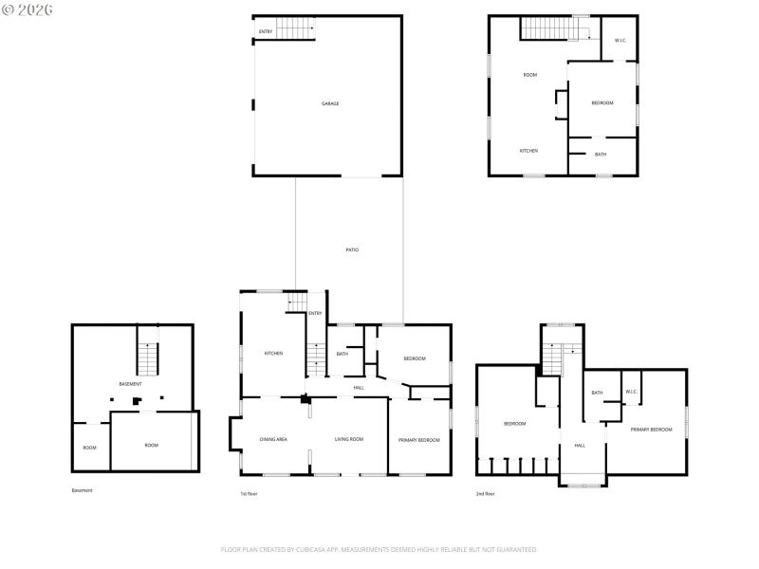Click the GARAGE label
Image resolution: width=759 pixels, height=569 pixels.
330,103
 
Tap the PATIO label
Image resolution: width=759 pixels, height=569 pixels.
352,249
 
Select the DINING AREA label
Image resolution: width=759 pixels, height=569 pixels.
274,440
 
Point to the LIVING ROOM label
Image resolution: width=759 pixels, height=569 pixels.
349,440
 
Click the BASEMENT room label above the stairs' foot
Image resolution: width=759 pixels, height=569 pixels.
130,384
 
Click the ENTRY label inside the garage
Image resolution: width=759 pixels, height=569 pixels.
266,32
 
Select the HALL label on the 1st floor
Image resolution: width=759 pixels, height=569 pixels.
359,388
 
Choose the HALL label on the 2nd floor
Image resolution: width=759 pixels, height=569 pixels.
579,445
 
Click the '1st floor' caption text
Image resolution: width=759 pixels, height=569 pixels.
249,494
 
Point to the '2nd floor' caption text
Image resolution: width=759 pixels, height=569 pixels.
486,494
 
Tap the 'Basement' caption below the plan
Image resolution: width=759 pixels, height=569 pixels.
83,490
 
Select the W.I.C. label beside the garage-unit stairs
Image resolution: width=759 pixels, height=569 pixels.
620,40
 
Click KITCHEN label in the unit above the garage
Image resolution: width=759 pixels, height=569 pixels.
528,151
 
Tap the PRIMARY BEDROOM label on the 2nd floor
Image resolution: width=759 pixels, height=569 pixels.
652,430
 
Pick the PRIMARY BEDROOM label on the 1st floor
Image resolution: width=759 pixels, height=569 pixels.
418,440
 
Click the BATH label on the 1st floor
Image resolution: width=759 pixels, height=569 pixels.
342,354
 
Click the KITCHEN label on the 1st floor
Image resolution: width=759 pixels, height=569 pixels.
273,354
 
